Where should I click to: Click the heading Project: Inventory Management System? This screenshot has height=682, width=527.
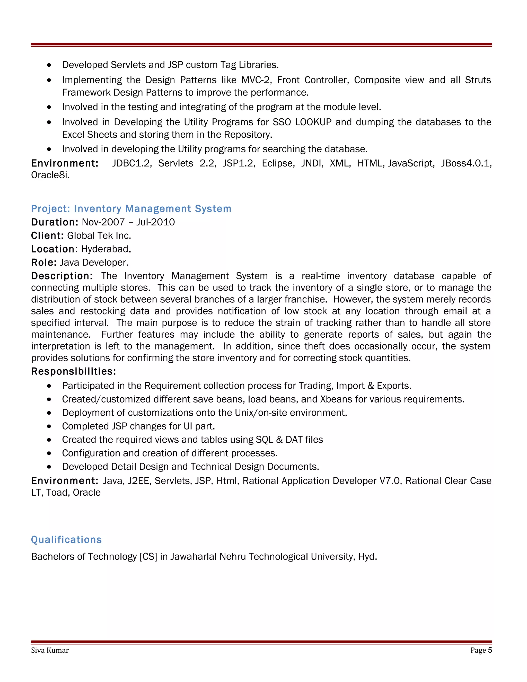tap(131, 209)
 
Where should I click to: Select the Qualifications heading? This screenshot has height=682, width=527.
tap(66, 540)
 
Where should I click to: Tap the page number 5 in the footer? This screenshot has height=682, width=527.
tap(490, 650)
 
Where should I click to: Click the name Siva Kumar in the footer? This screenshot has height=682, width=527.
tap(50, 650)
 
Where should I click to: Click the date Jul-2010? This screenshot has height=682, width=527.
tap(155, 222)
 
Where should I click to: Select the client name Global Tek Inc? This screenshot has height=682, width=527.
tap(99, 235)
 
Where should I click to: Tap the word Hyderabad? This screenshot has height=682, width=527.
tap(105, 249)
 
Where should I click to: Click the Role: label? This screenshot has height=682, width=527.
tap(44, 262)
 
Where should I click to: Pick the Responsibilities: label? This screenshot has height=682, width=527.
tap(74, 371)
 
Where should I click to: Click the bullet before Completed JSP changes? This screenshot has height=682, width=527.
tap(49, 426)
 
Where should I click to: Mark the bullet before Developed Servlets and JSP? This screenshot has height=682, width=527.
tap(49, 65)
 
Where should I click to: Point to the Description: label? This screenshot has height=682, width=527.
tap(62, 276)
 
